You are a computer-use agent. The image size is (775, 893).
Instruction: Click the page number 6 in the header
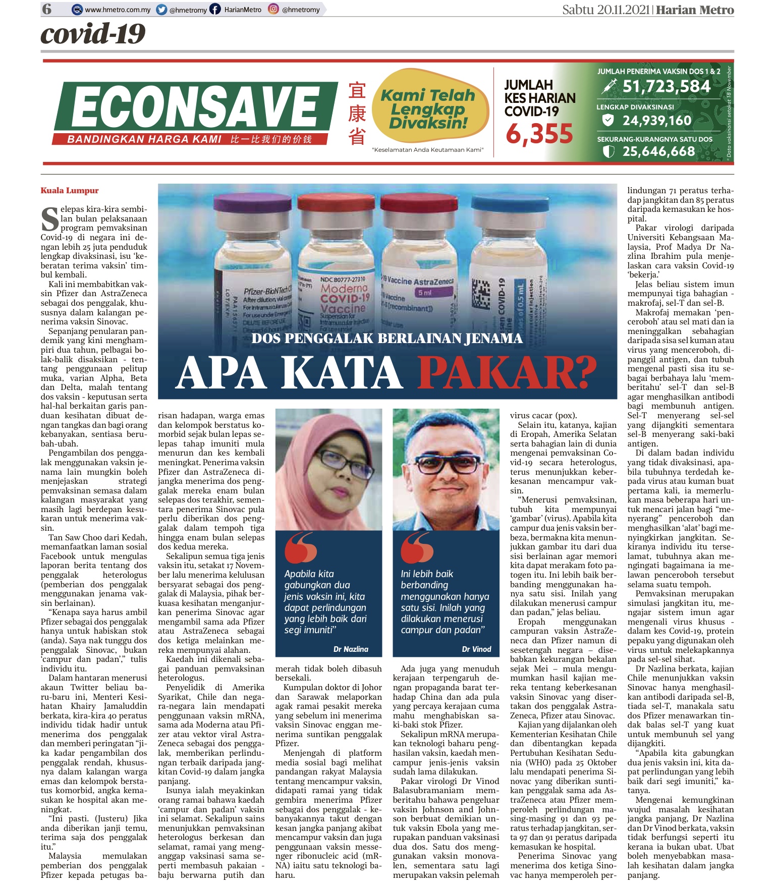[x=47, y=9]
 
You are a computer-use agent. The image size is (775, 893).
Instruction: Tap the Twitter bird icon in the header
[x=161, y=9]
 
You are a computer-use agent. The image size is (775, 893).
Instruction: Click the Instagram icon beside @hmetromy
[x=273, y=9]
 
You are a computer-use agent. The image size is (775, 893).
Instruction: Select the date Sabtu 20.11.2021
[x=606, y=10]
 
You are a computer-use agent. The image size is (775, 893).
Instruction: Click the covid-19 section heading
[x=93, y=34]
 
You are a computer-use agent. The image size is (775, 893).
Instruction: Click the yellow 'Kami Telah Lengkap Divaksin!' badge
[x=429, y=108]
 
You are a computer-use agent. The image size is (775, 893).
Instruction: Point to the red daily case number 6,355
[x=539, y=134]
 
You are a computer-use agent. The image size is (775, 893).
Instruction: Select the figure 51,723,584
[x=666, y=87]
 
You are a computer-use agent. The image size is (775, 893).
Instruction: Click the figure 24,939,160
[x=656, y=120]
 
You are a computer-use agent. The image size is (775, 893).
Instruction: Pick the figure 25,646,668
[x=658, y=151]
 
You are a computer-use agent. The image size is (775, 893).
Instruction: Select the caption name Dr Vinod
[x=476, y=649]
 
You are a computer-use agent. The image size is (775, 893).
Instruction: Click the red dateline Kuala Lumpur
[x=70, y=191]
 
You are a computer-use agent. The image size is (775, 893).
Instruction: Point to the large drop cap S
[x=49, y=220]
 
